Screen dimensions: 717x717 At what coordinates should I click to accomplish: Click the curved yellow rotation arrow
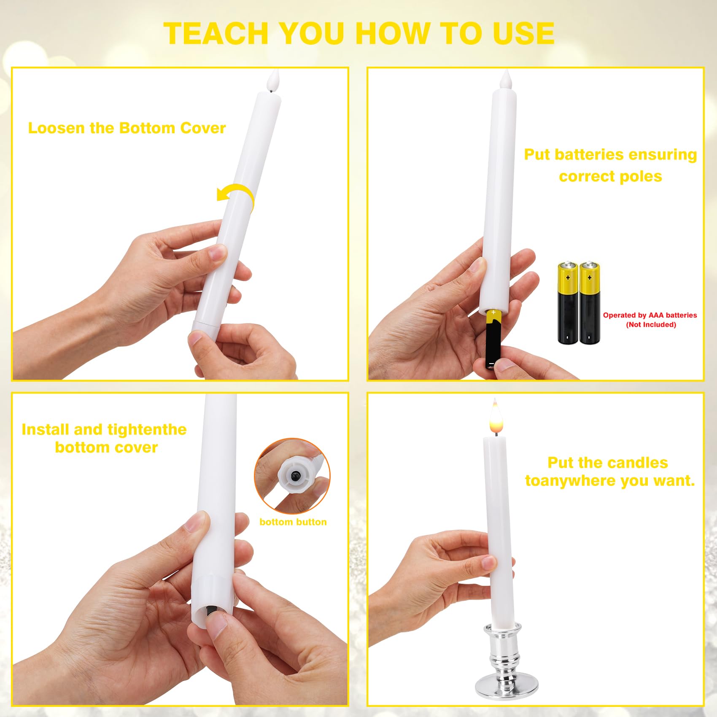tap(236, 196)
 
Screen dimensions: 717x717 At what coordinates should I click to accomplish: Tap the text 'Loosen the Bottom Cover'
tap(127, 128)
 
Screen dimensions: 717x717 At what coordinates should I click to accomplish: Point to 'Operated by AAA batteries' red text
tap(650, 315)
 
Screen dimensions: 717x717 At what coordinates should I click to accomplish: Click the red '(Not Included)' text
tap(651, 324)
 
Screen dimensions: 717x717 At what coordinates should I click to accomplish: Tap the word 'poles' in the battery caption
tap(641, 176)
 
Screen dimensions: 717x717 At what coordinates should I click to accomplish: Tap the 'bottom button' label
tap(293, 522)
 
